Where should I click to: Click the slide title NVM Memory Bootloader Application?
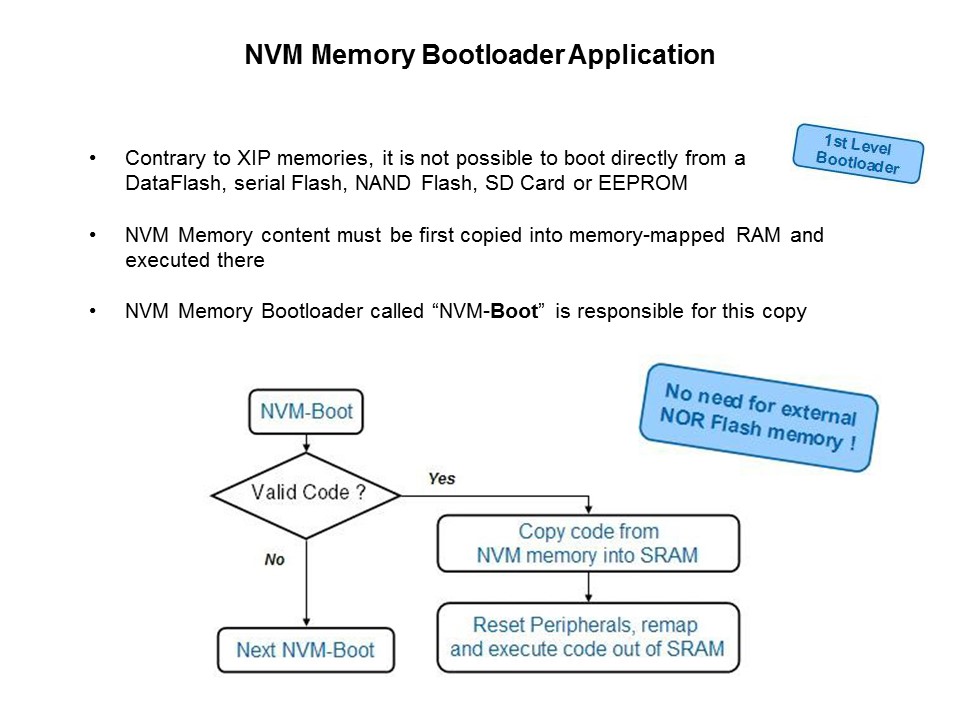pyautogui.click(x=480, y=56)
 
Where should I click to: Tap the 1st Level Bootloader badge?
pyautogui.click(x=858, y=153)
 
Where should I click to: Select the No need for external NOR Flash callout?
pyautogui.click(x=757, y=414)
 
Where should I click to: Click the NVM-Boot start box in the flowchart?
pyautogui.click(x=306, y=411)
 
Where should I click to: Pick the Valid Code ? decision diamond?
pyautogui.click(x=308, y=492)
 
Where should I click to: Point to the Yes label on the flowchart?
pyautogui.click(x=441, y=479)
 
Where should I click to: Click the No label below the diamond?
pyautogui.click(x=275, y=559)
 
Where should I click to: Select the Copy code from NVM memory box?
pyautogui.click(x=588, y=544)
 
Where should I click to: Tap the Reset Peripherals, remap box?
pyautogui.click(x=588, y=637)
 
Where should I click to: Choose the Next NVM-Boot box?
pyautogui.click(x=305, y=649)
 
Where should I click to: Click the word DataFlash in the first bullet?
pyautogui.click(x=165, y=184)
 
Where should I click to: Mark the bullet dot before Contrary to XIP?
pyautogui.click(x=93, y=159)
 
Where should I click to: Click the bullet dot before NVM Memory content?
pyautogui.click(x=93, y=237)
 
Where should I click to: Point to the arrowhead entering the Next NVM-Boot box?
pyautogui.click(x=305, y=622)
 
